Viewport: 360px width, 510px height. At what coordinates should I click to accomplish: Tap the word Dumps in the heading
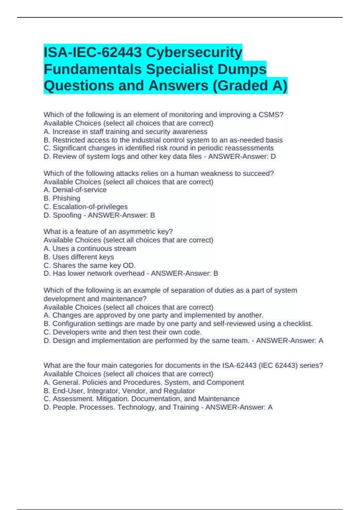pos(242,69)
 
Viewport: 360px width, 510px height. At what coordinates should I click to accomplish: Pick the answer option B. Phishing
pos(62,198)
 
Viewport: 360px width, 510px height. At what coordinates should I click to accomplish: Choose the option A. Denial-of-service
pos(75,190)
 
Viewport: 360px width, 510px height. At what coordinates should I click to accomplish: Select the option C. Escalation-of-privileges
pos(85,207)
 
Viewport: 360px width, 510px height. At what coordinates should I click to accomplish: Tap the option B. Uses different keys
pos(79,257)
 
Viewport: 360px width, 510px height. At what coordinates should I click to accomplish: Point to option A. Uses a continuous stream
pos(90,249)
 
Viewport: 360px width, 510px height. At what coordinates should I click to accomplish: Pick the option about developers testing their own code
pos(122,332)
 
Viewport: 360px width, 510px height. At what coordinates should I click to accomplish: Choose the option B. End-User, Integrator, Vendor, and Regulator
pos(119,391)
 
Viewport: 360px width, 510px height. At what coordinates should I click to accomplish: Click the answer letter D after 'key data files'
pos(273,157)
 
